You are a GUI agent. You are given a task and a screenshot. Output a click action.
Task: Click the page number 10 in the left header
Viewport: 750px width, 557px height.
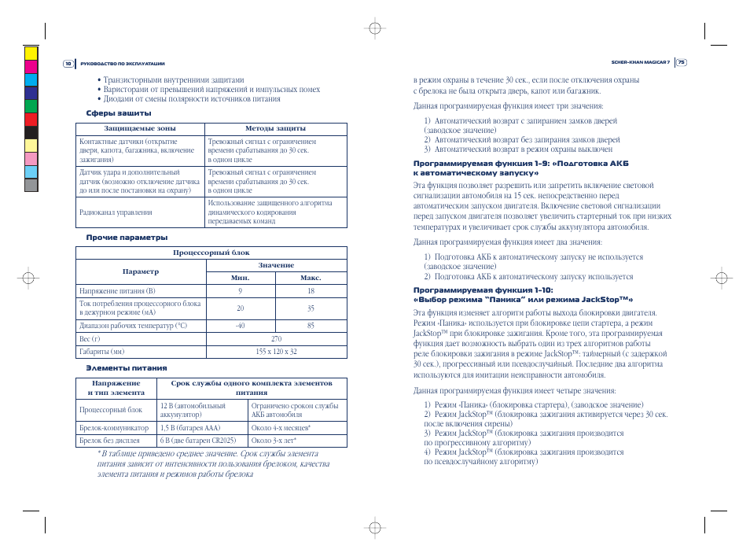point(68,64)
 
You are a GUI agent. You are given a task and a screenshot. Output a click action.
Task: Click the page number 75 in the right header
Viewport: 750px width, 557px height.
point(681,64)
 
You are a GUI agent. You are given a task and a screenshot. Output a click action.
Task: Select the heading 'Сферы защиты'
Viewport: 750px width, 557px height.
point(118,113)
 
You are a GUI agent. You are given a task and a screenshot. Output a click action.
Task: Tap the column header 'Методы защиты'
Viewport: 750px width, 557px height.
point(275,128)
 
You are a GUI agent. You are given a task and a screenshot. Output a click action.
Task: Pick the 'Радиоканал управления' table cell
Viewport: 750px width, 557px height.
point(116,212)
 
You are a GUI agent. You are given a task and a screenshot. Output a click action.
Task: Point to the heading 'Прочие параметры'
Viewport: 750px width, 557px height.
point(127,238)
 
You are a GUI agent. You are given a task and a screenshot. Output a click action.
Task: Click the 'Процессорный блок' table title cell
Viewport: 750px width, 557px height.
point(211,253)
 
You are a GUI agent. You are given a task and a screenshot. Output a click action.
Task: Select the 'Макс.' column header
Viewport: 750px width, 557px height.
point(311,278)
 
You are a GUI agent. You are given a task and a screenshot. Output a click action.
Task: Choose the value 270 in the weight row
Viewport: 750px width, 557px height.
point(276,339)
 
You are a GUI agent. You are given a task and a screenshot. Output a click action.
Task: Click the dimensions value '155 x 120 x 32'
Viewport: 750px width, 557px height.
point(276,352)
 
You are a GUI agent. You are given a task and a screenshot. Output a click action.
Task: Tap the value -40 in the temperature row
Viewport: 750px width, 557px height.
point(240,326)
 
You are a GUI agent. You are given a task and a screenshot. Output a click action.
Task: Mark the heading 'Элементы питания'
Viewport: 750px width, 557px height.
point(126,368)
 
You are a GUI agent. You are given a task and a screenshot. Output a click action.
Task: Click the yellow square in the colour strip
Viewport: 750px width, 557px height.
point(31,53)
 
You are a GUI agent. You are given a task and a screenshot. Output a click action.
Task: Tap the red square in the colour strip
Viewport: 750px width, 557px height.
point(31,119)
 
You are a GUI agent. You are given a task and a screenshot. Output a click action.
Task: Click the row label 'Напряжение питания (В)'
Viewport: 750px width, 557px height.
point(117,291)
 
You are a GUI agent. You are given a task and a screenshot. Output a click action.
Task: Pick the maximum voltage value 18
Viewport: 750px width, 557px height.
point(311,291)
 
